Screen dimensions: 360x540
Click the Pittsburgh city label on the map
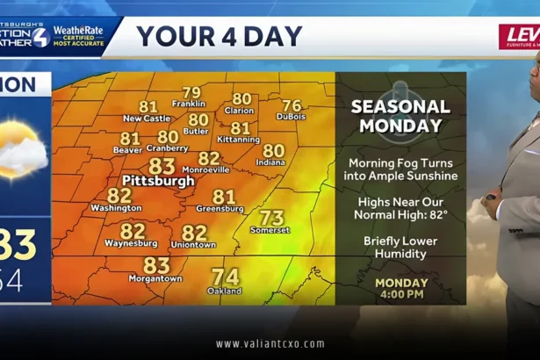click(158, 181)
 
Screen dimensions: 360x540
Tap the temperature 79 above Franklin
click(191, 93)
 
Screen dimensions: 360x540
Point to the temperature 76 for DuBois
click(291, 105)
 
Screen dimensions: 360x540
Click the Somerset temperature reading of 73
click(271, 217)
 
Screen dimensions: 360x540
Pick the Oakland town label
click(225, 291)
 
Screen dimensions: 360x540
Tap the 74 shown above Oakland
click(226, 277)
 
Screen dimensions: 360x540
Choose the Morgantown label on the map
click(156, 278)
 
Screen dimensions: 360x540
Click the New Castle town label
click(147, 119)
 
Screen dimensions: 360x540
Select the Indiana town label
click(271, 162)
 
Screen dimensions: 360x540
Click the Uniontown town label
click(193, 244)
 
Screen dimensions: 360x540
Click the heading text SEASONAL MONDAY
click(400, 116)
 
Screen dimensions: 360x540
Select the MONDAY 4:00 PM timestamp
click(401, 289)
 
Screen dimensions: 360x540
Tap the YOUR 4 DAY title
click(220, 36)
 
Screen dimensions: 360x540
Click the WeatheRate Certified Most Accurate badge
click(79, 36)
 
